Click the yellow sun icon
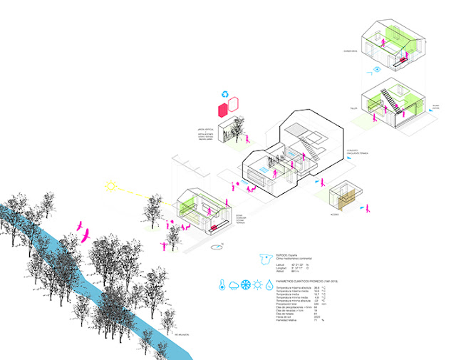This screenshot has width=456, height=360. coord(111,188)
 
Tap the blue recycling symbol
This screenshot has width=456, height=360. coord(225,93)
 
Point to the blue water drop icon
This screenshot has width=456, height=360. coord(269,284)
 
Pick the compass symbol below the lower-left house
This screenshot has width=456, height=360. coord(217,247)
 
